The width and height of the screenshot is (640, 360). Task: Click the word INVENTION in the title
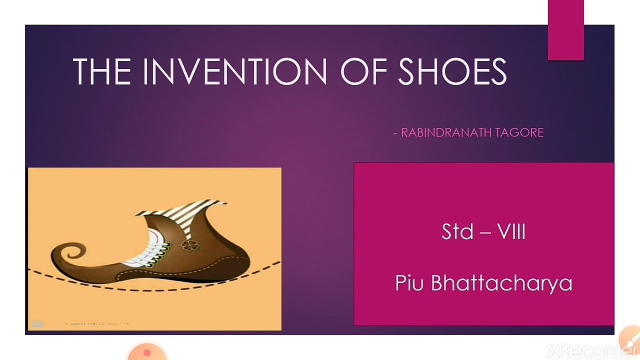pyautogui.click(x=235, y=71)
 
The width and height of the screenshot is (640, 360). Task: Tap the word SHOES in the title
pyautogui.click(x=452, y=71)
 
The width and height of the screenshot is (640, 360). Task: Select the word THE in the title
pyautogui.click(x=102, y=71)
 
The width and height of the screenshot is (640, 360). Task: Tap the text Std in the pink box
pyautogui.click(x=457, y=232)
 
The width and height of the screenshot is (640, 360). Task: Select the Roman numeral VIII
pyautogui.click(x=511, y=232)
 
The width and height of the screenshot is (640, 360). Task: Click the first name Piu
pyautogui.click(x=409, y=283)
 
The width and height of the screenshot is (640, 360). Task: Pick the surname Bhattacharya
pyautogui.click(x=501, y=283)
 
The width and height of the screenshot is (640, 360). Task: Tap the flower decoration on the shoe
pyautogui.click(x=189, y=244)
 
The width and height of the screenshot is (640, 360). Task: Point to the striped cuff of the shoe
pyautogui.click(x=182, y=210)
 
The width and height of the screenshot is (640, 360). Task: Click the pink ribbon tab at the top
pyautogui.click(x=565, y=30)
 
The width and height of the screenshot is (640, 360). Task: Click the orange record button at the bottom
pyautogui.click(x=146, y=352)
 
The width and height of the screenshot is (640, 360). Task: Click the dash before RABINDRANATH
pyautogui.click(x=396, y=133)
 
